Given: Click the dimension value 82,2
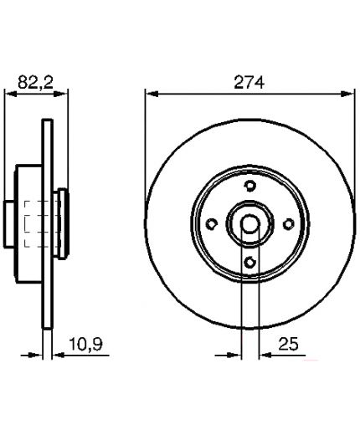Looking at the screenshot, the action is (35, 82).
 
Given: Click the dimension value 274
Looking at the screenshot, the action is (249, 83).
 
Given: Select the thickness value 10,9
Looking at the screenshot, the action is (85, 344).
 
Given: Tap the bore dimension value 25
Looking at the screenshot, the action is (288, 344).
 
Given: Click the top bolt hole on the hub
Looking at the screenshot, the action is (250, 186).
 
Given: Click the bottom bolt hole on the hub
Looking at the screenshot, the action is (250, 262).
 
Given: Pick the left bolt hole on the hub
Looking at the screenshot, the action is (212, 223).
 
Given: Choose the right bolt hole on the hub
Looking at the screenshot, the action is (288, 223).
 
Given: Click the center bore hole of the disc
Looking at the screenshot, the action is (250, 223).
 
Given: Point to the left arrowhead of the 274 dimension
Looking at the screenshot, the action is (152, 94).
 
